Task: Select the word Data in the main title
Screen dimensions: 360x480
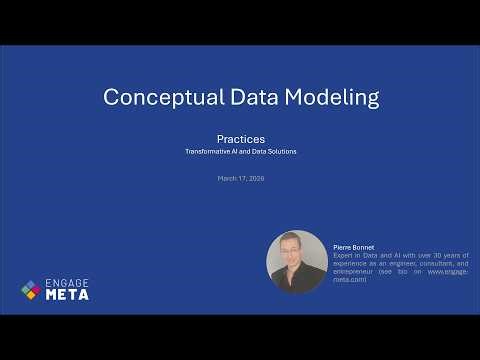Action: pyautogui.click(x=245, y=97)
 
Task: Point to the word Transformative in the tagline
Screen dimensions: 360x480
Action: pyautogui.click(x=205, y=151)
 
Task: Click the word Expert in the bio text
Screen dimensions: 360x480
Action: pyautogui.click(x=343, y=255)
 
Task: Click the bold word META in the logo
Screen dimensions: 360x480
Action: pyautogui.click(x=68, y=295)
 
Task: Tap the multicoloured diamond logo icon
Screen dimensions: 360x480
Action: pyautogui.click(x=31, y=290)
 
